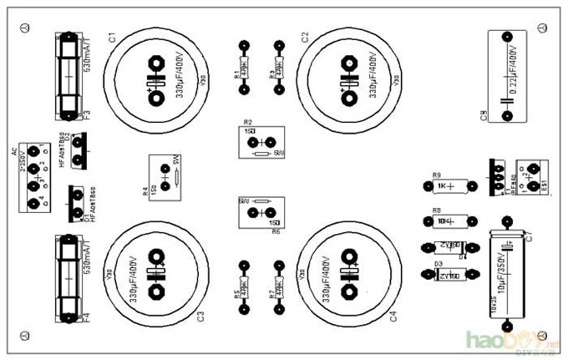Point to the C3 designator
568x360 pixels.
click(200, 315)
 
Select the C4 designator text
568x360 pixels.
click(393, 315)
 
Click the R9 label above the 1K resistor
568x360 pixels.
click(436, 175)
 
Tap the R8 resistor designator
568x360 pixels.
click(436, 210)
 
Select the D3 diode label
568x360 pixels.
click(438, 265)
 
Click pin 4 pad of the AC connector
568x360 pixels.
click(33, 203)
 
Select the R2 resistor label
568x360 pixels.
click(248, 122)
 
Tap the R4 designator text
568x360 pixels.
click(146, 191)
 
